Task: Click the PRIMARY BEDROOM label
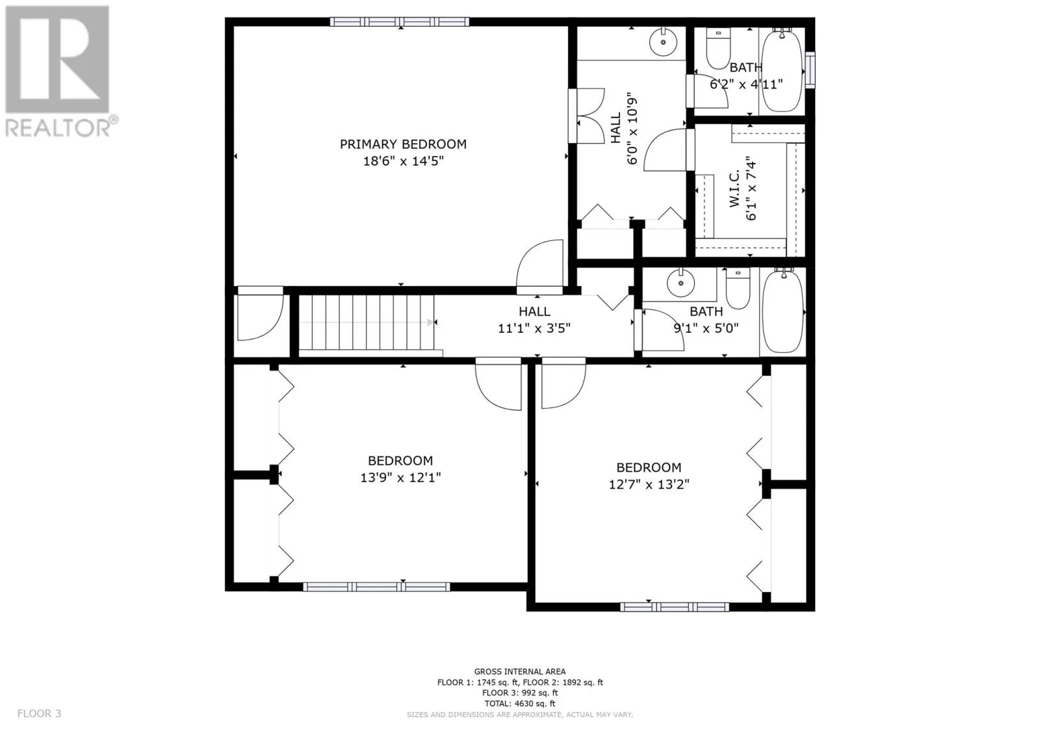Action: (403, 144)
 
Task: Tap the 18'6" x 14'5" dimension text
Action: (403, 161)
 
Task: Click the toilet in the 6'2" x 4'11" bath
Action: (718, 48)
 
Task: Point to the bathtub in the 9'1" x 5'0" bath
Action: (783, 311)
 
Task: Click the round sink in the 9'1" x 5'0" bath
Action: (681, 283)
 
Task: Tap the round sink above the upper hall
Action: (664, 42)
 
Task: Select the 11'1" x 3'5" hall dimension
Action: (534, 329)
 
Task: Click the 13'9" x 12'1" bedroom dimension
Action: (400, 477)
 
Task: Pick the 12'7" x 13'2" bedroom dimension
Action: (649, 484)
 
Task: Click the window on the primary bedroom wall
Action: (400, 22)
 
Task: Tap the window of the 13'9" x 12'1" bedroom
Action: (376, 587)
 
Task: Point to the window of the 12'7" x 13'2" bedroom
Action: (675, 607)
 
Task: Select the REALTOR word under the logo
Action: (58, 127)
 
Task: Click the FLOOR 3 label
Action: (39, 714)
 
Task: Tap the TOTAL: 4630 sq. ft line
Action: (519, 703)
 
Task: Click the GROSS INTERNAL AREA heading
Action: (519, 671)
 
